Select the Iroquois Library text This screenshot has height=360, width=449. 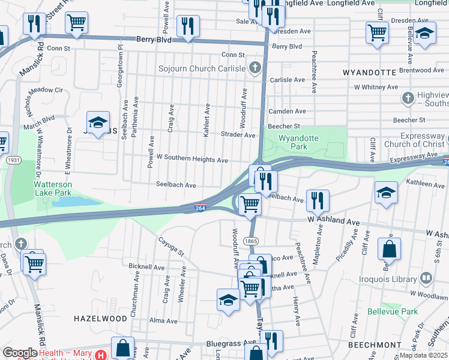click(394, 279)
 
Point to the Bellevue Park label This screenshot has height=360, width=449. click(393, 311)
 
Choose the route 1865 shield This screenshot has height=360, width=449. click(251, 241)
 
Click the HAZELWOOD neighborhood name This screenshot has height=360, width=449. click(101, 317)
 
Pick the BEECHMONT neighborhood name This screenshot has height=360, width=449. click(375, 345)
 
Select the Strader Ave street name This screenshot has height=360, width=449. click(238, 135)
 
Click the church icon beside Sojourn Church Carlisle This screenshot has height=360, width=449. click(255, 67)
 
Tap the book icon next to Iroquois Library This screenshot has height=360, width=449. click(426, 278)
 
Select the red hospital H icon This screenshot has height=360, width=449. click(100, 355)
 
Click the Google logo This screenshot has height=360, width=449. click(20, 353)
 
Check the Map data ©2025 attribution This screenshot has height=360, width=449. click(421, 355)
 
